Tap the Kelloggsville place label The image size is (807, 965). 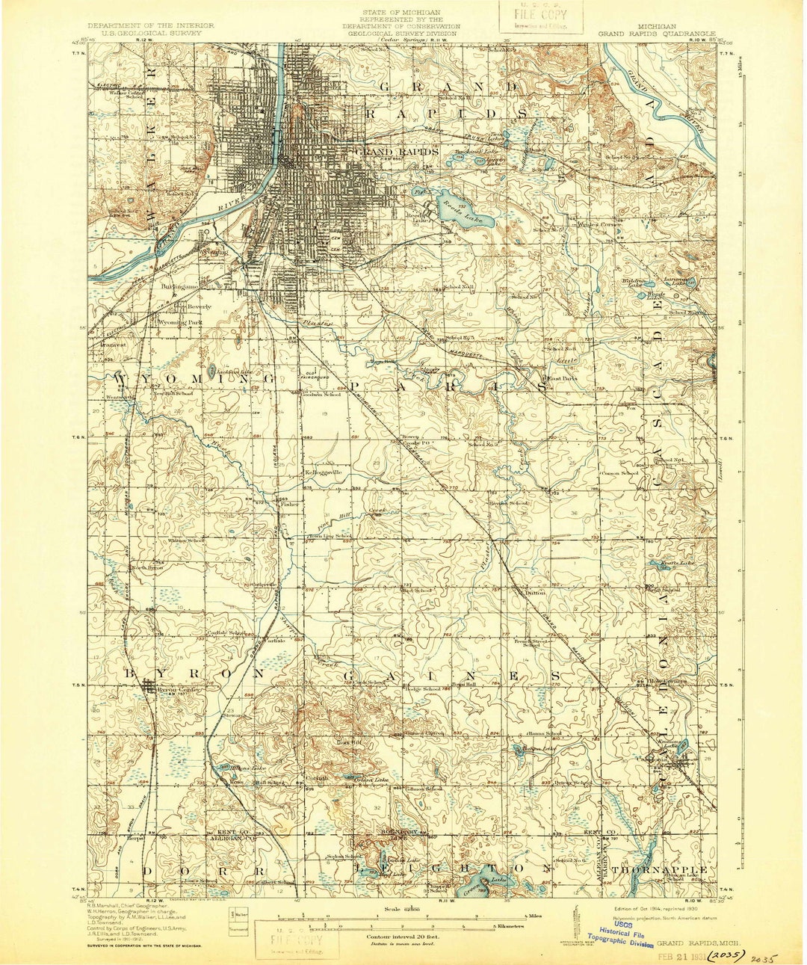tap(323, 472)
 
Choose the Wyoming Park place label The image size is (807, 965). tap(182, 322)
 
